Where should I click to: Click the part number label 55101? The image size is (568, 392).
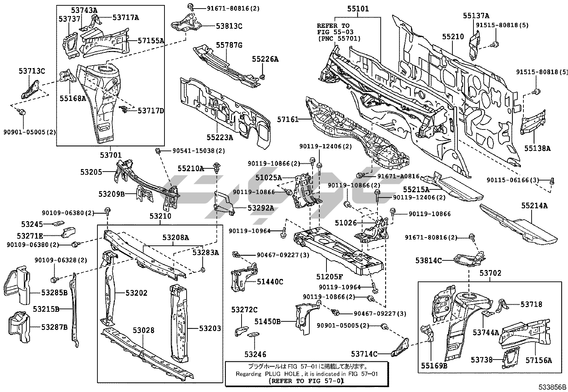coord(357,9)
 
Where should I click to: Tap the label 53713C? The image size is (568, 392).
coord(32,71)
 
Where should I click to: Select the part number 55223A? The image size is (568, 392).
coord(220,137)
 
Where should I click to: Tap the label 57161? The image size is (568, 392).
coord(288,120)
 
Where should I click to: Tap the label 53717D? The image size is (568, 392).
coord(151,111)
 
